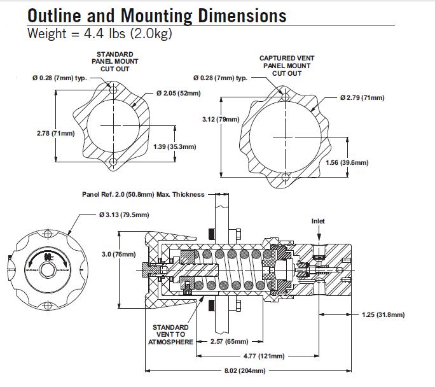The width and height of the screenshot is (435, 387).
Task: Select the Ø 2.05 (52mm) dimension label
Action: pos(178,94)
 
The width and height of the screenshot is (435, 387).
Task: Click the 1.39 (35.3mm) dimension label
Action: pos(175,146)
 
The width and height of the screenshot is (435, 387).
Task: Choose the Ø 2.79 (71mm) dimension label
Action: pos(362,97)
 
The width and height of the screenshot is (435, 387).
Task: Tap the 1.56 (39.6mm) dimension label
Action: pos(347,162)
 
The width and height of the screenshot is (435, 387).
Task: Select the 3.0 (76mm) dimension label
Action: pos(119,254)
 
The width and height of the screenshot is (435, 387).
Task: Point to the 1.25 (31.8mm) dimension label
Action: pos(383,314)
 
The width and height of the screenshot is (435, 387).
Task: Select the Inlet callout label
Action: pos(319,221)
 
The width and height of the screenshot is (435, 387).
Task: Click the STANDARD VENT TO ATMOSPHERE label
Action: pos(169,334)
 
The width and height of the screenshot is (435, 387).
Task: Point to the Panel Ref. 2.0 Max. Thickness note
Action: pos(143,194)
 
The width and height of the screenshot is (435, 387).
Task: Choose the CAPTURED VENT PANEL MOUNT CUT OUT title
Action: pos(287,66)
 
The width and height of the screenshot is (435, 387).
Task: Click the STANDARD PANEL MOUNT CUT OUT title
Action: pos(114,62)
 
